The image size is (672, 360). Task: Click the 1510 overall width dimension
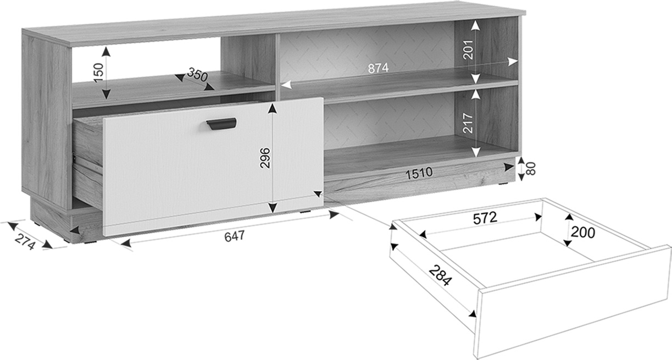tap(419, 173)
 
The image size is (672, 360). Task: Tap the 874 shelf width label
tap(378, 68)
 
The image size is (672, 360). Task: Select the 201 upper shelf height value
tap(468, 50)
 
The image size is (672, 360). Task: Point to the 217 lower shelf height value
tap(468, 123)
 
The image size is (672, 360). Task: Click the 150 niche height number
tap(98, 73)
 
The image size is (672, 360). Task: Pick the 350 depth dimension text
tap(197, 75)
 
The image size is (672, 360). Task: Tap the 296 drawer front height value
tap(265, 158)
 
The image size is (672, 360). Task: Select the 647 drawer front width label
tap(235, 236)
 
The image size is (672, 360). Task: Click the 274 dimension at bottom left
tap(25, 242)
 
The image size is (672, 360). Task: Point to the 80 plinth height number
tap(530, 169)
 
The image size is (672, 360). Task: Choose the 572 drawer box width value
tap(485, 218)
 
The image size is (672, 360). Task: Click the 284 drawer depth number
tap(440, 276)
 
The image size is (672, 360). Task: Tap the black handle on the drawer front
tap(221, 124)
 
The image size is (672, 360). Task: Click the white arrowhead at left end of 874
tap(286, 85)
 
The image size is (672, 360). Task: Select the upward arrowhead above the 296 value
tap(272, 108)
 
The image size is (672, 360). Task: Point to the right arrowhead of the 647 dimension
tap(334, 215)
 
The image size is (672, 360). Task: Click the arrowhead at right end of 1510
tap(509, 167)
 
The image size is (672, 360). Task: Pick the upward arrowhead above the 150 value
tap(105, 52)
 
